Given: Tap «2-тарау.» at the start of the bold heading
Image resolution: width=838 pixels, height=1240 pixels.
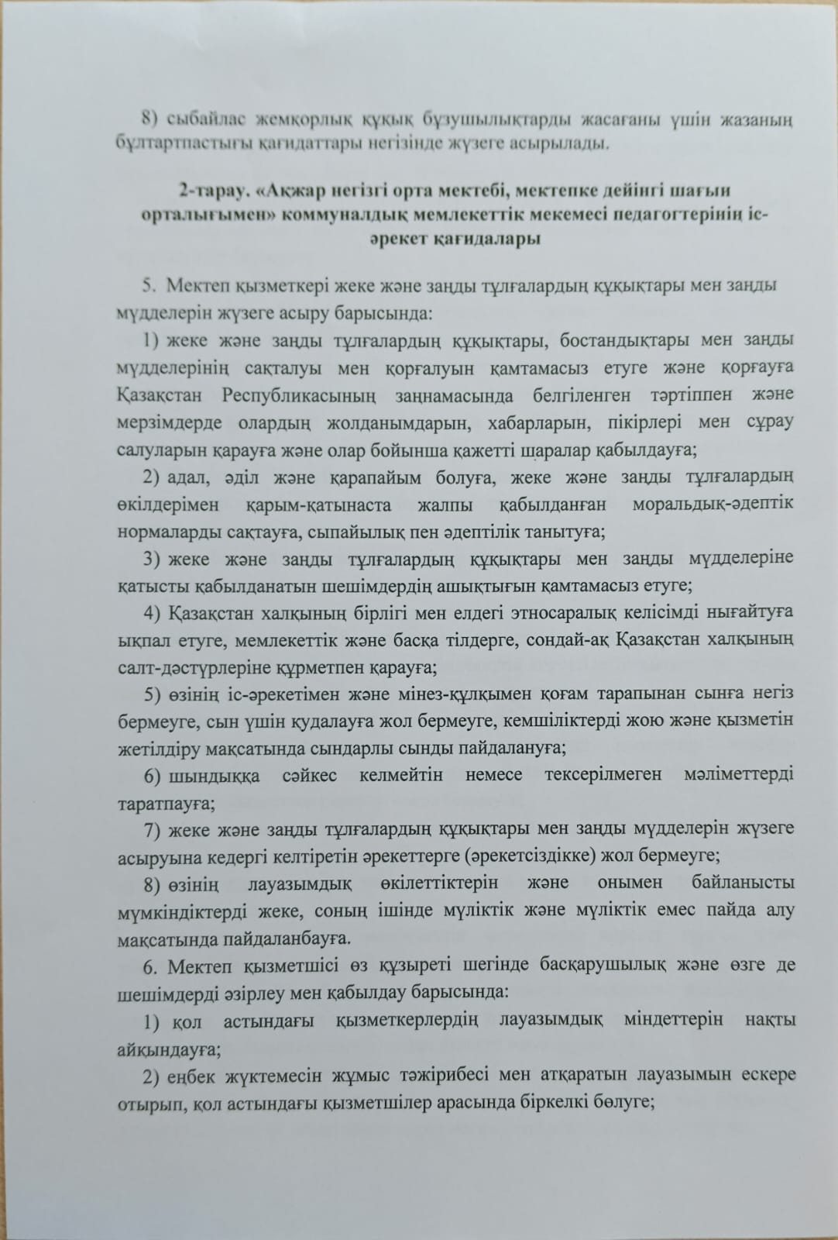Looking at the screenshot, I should click(208, 190).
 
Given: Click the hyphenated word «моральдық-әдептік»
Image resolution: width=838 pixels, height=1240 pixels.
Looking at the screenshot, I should click(713, 505).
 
